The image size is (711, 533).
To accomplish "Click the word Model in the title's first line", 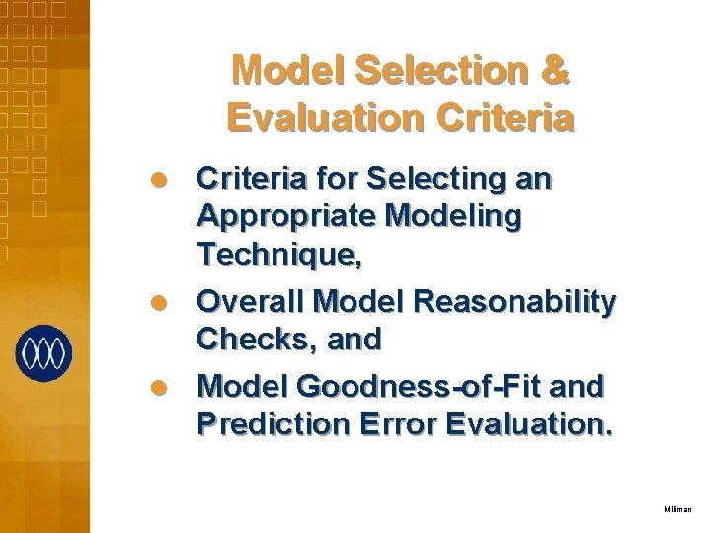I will pyautogui.click(x=277, y=71).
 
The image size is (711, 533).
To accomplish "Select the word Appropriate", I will pyautogui.click(x=283, y=217).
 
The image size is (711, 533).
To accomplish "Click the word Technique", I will pyautogui.click(x=278, y=256).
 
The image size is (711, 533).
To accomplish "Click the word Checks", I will pyautogui.click(x=250, y=339).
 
